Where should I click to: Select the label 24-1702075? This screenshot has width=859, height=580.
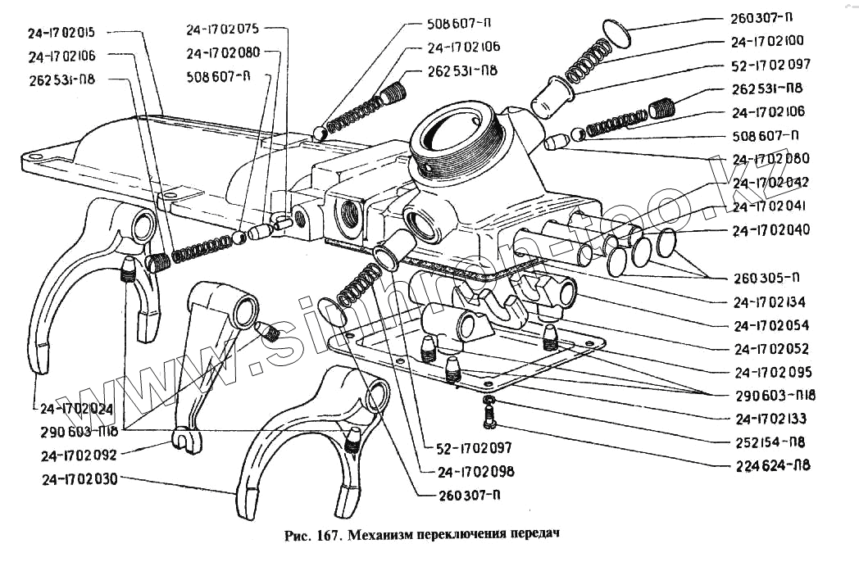(222, 29)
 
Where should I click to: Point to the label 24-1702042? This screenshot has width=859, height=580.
(771, 183)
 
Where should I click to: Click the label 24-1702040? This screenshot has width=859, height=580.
(771, 230)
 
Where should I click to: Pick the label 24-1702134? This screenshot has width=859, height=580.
(771, 302)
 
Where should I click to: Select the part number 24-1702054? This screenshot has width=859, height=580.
(771, 325)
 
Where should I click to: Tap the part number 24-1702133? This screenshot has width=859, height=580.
(771, 419)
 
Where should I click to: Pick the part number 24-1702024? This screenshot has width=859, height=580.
(74, 408)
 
